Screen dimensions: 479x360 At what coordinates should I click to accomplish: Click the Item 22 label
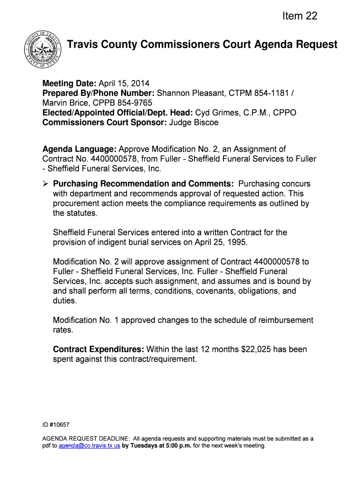pyautogui.click(x=299, y=16)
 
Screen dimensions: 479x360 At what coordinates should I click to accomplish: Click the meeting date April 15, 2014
pyautogui.click(x=124, y=84)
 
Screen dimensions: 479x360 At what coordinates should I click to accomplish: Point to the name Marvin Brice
pyautogui.click(x=64, y=103)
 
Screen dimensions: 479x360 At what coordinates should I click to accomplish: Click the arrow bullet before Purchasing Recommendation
pyautogui.click(x=45, y=184)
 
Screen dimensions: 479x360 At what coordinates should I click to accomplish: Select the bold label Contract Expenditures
pyautogui.click(x=98, y=349)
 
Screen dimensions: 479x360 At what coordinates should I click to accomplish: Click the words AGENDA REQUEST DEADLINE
pyautogui.click(x=86, y=439)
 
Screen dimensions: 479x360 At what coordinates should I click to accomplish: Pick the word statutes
pyautogui.click(x=83, y=213)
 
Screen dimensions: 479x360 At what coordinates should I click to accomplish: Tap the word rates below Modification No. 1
pyautogui.click(x=63, y=330)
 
